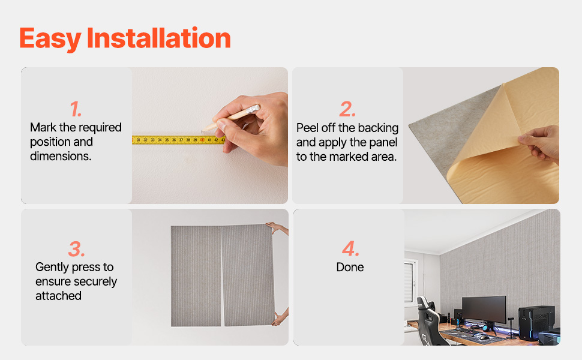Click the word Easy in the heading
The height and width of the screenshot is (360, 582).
point(50,38)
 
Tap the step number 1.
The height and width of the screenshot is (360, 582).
point(76,109)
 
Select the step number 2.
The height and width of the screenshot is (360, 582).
point(347,109)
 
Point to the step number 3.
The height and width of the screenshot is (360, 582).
point(76,249)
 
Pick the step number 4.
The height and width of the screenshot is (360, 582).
point(350,248)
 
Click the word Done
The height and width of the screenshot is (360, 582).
point(350,267)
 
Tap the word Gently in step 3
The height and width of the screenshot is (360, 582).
point(52,268)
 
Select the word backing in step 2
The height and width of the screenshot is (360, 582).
point(378,128)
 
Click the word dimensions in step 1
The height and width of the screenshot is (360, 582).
point(61,156)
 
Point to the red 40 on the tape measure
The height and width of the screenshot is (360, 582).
point(202,140)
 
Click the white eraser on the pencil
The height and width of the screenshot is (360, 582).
point(254,109)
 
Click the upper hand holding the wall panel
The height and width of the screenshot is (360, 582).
point(277,227)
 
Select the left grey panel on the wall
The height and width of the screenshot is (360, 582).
point(196,276)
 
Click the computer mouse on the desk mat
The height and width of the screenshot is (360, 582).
point(484,337)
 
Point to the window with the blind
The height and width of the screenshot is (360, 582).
point(409,281)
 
